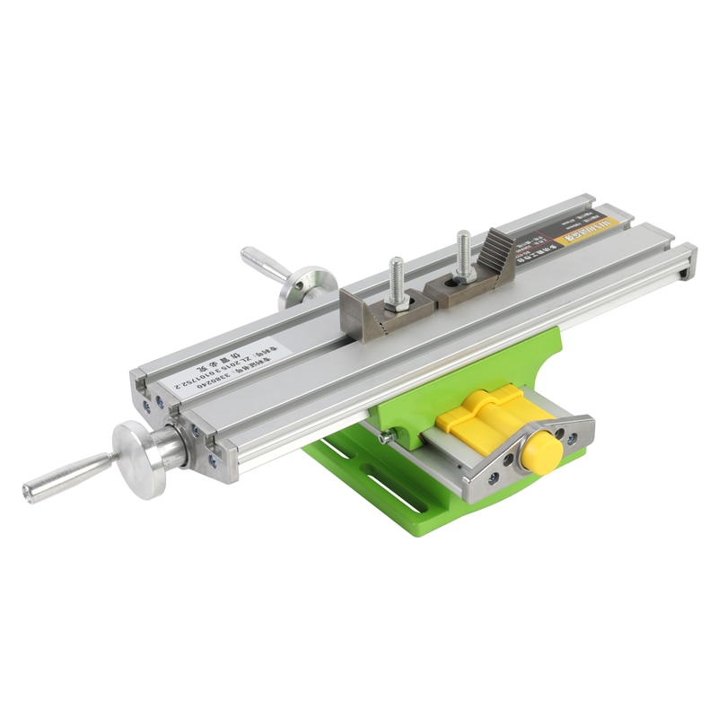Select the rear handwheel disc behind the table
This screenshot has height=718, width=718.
pos(302,285)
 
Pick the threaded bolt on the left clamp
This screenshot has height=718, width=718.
pos(396,278)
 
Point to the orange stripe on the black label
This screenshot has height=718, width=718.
pos(574,236)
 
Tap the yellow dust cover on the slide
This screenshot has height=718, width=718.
pos(489,417)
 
